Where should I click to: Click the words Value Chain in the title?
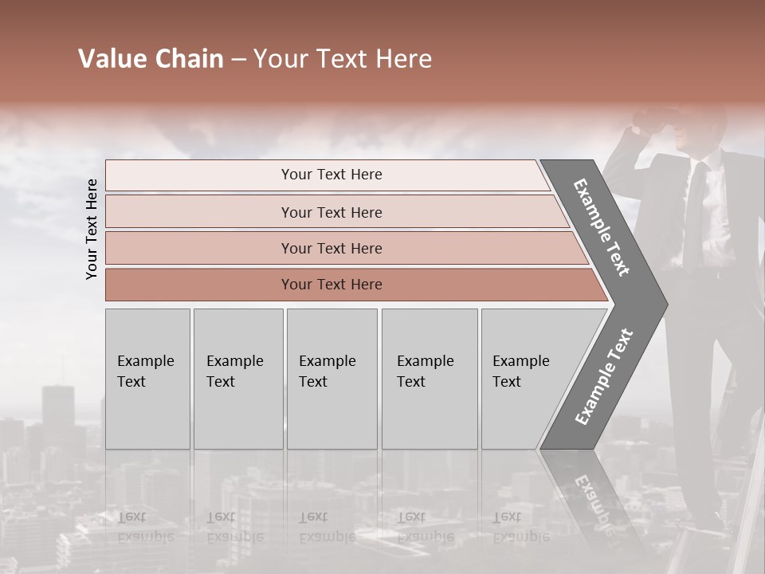pos(151,59)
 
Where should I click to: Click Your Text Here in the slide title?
pos(343,59)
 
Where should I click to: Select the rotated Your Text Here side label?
pos(92,229)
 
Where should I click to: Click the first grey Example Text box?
pos(147,379)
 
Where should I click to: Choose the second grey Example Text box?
pos(237,379)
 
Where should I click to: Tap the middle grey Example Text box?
pos(331,379)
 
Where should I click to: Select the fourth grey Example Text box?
pos(429,379)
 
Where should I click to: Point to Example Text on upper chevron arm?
pos(602,227)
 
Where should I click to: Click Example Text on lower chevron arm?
pos(603,377)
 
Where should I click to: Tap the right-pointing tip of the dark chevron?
pos(663,305)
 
